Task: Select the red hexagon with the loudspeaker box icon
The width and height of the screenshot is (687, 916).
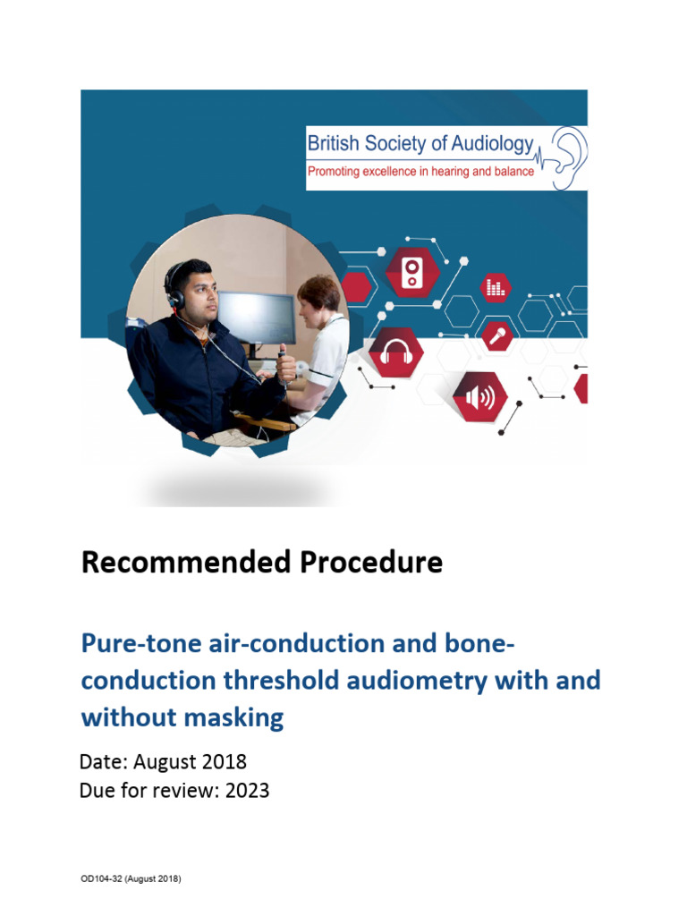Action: pos(411,269)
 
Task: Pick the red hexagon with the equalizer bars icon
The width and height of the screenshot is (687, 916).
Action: pos(495,287)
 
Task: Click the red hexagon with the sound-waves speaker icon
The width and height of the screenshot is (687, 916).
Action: pos(479,396)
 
